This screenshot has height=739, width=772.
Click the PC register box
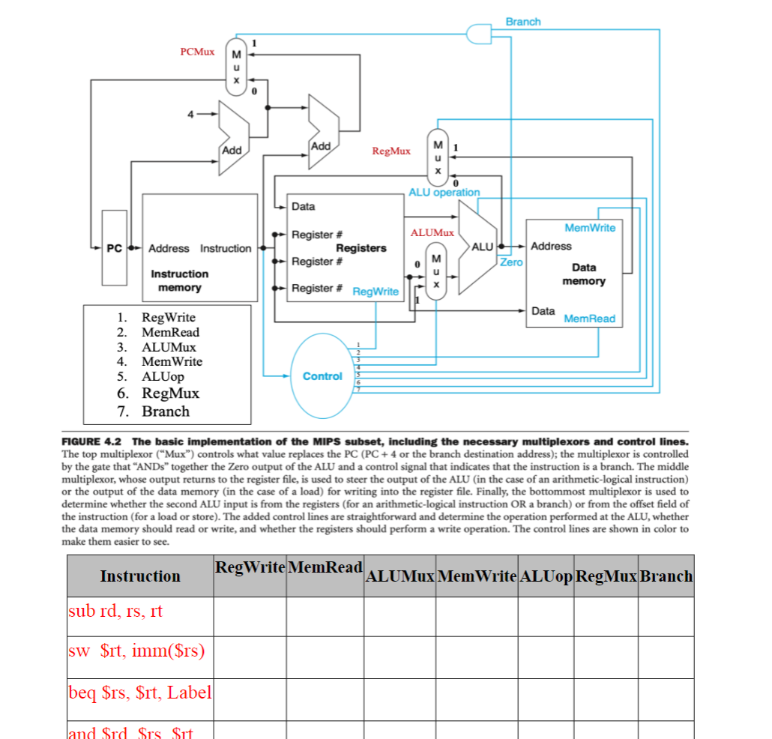114,248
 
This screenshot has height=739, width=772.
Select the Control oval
322,375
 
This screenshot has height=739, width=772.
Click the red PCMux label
197,52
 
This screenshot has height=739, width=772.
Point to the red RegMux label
391,151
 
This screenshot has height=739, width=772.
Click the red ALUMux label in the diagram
432,233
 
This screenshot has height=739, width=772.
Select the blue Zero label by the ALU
511,262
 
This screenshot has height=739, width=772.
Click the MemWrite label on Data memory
590,228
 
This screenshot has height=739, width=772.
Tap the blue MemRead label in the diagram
589,319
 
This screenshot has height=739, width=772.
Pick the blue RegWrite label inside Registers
376,292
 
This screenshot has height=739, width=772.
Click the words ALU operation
444,193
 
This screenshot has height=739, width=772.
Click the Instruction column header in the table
140,576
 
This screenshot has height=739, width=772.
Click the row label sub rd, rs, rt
115,611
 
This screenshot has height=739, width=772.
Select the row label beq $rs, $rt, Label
140,693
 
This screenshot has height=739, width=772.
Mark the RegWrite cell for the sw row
250,651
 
